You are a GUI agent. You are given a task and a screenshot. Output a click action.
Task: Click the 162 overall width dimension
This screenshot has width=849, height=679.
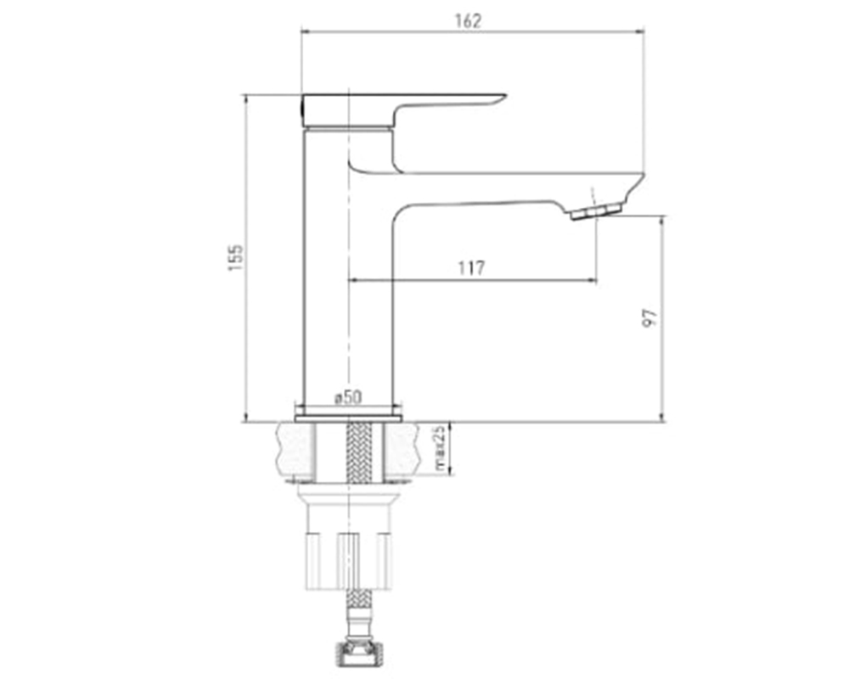click(x=468, y=20)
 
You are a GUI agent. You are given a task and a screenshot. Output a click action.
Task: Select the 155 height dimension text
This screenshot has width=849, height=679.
click(x=236, y=258)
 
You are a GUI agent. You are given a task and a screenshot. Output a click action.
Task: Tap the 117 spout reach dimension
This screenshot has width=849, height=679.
click(x=471, y=268)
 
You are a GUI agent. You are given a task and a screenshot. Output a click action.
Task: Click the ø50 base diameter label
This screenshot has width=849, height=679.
click(x=347, y=398)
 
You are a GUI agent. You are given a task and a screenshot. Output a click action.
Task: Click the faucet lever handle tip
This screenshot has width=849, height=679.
click(x=503, y=98)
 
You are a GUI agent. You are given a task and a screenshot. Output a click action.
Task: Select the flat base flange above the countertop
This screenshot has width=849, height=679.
click(x=349, y=418)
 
